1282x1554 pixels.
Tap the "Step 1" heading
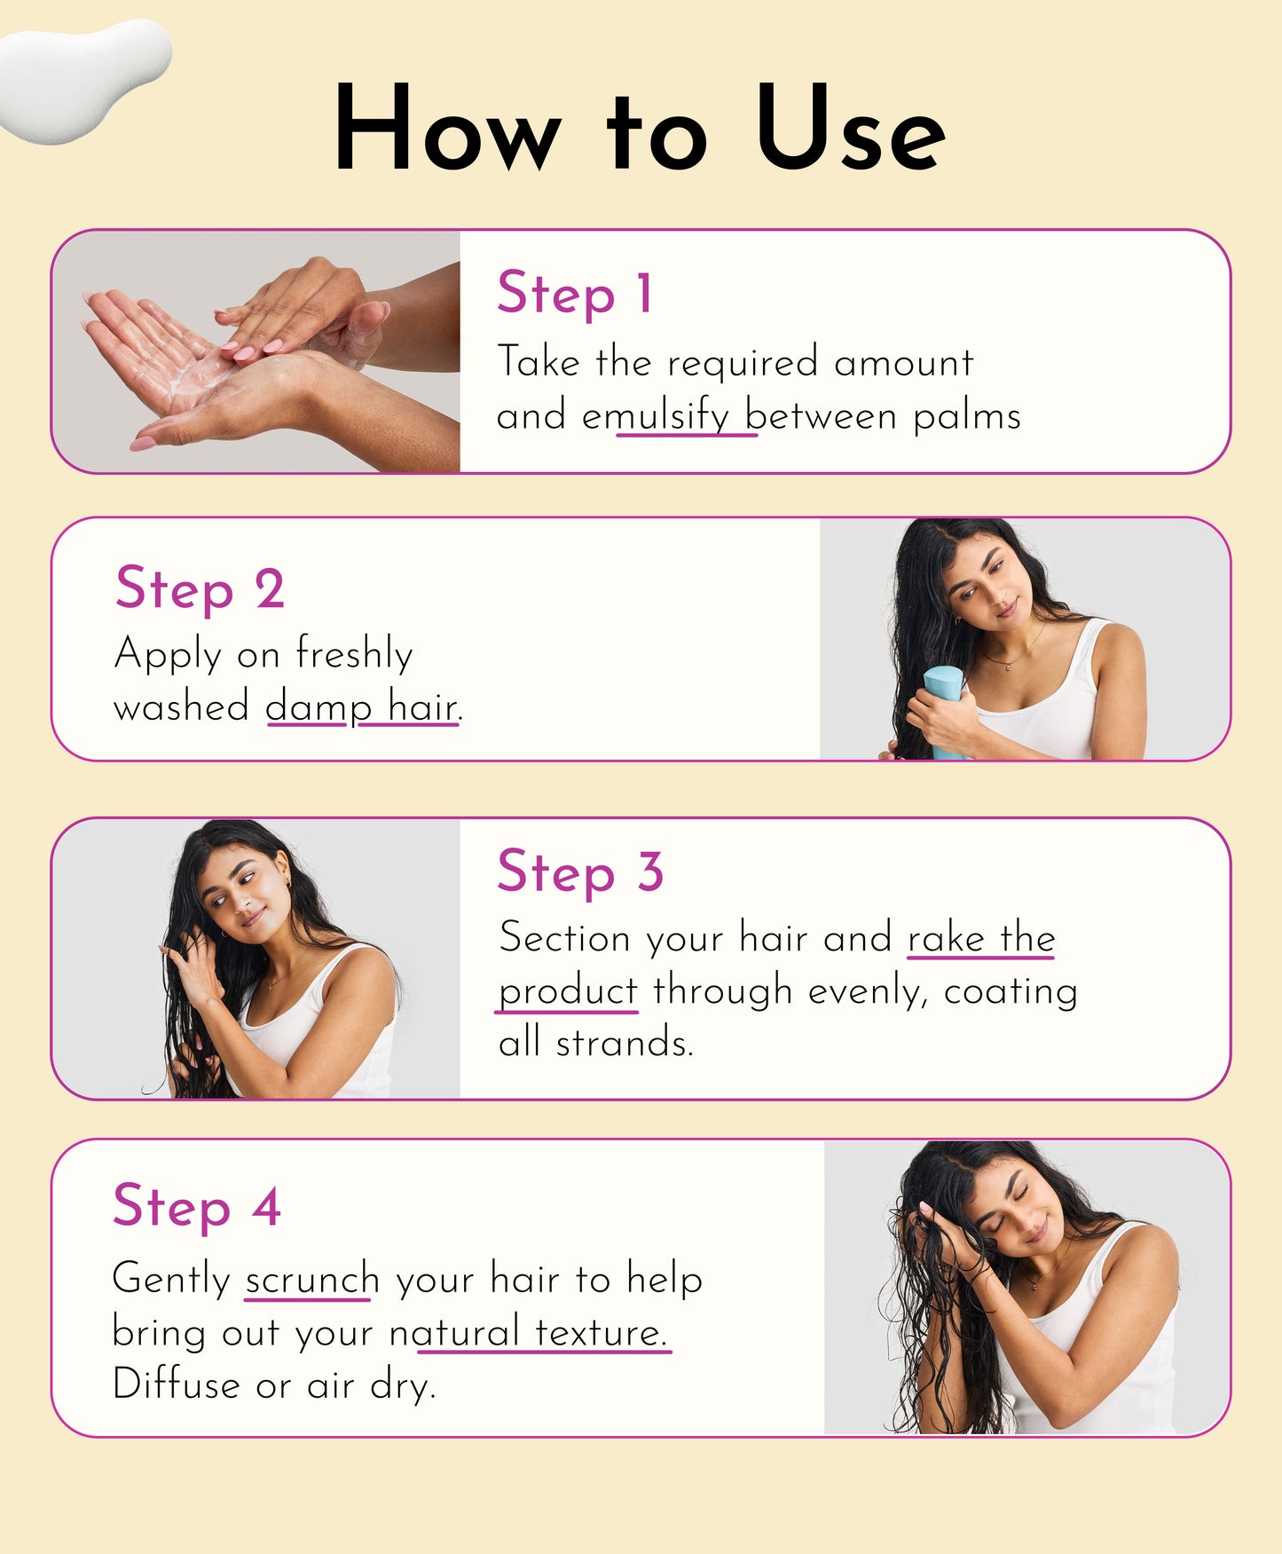575,293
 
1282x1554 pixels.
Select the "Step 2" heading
200,588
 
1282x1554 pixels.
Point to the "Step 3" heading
580,872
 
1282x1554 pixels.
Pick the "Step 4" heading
197,1207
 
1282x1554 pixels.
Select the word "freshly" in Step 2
354,654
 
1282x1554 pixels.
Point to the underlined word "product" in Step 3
568,991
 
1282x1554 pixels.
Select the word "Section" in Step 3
564,938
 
